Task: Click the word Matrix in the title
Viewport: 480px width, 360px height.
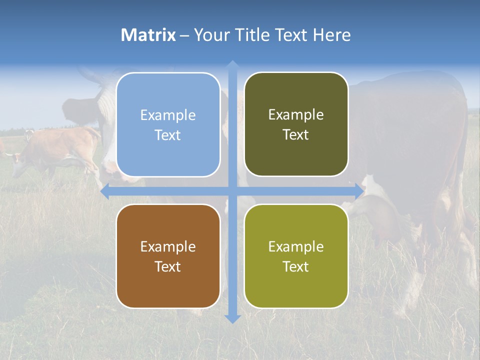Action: point(148,35)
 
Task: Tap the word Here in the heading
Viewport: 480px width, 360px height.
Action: point(331,35)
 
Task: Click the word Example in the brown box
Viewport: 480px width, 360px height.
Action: point(168,246)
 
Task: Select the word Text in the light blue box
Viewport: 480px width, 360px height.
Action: point(168,135)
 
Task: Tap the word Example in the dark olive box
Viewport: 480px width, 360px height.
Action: point(296,115)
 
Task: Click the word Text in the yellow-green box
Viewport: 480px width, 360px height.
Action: point(296,267)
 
